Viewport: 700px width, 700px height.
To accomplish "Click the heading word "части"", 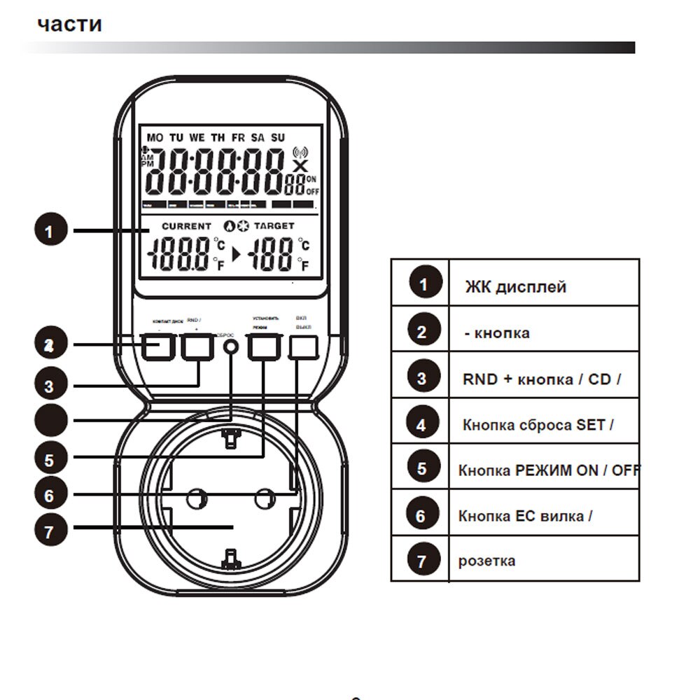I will pos(70,24).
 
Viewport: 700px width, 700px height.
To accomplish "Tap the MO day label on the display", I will pos(154,137).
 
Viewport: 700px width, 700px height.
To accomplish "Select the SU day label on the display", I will pos(278,137).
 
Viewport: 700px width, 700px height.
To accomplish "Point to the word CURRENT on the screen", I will pos(186,226).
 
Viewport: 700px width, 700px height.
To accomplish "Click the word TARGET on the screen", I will pos(274,226).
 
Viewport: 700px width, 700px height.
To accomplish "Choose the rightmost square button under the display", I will pos(304,346).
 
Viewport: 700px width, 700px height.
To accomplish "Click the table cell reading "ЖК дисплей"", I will pos(516,286).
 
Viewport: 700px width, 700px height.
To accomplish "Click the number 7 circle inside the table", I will pos(421,561).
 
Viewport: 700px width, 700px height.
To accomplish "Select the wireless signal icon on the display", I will pos(300,152).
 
